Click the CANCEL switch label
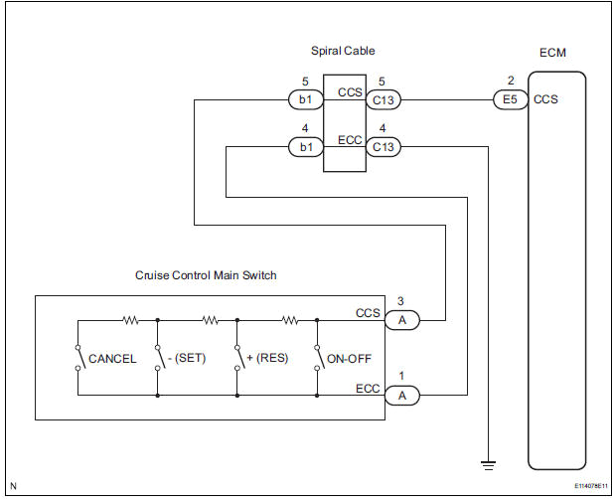click(x=112, y=359)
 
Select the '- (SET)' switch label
click(x=186, y=359)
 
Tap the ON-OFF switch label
click(x=348, y=359)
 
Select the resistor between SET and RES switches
click(x=210, y=320)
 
